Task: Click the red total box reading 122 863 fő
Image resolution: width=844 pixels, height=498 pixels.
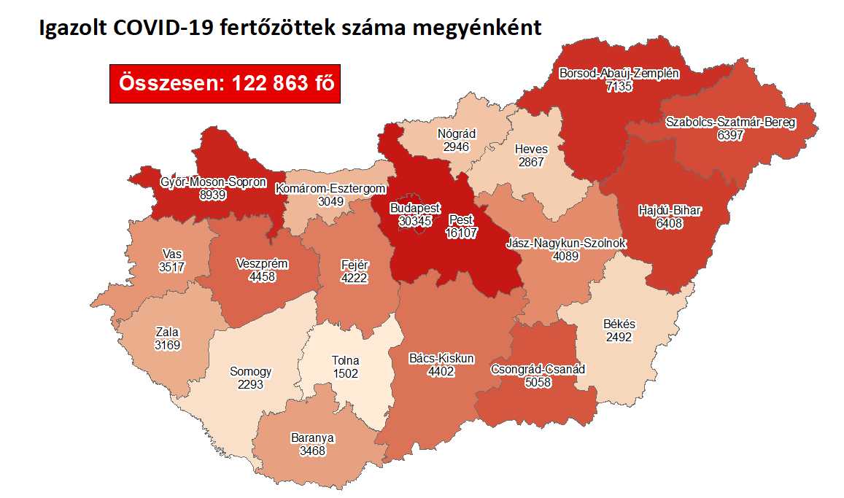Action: click(x=225, y=84)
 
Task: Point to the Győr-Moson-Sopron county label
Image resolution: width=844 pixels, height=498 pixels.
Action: click(x=213, y=182)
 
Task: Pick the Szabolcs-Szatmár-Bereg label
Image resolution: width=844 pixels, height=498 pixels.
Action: click(x=730, y=122)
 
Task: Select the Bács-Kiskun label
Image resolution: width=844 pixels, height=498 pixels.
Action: click(x=442, y=359)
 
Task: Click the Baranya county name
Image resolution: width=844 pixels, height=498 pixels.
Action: click(x=311, y=438)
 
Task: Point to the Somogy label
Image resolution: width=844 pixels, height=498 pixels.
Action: click(x=250, y=372)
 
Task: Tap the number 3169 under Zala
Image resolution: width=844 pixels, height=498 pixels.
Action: click(x=167, y=344)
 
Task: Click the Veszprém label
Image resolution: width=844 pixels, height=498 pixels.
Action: click(x=263, y=264)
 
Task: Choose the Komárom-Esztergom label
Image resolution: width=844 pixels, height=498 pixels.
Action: click(x=330, y=189)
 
